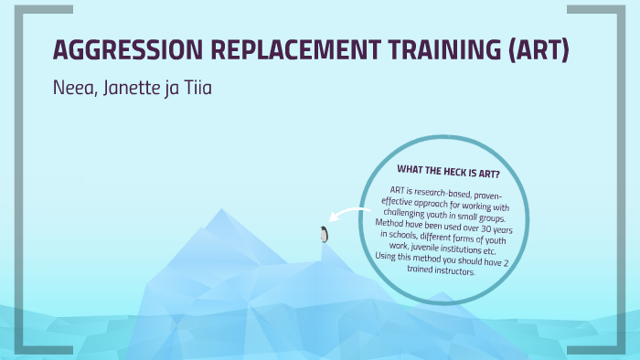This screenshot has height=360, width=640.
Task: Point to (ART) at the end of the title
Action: coord(539,51)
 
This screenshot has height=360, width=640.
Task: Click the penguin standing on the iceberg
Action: coord(324,235)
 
